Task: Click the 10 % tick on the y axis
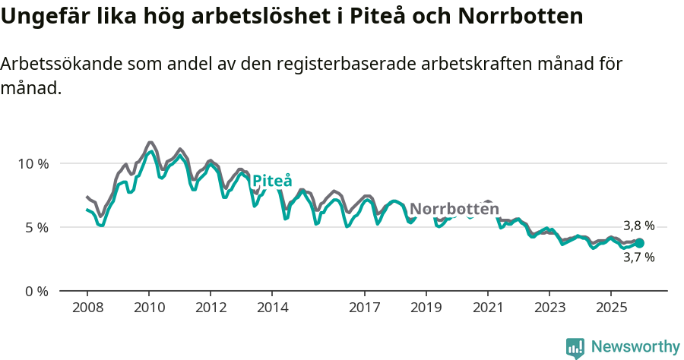(x=33, y=163)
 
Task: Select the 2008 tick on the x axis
(x=87, y=308)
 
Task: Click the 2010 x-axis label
(x=149, y=308)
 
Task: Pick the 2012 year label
(x=211, y=308)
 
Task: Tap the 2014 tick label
(x=272, y=308)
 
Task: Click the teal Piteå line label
(x=272, y=181)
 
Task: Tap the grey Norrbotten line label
(x=449, y=209)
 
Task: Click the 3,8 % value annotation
(x=638, y=226)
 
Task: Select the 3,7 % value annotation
(x=638, y=257)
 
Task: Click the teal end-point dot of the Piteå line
(x=639, y=243)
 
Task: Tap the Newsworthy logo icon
(x=575, y=347)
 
